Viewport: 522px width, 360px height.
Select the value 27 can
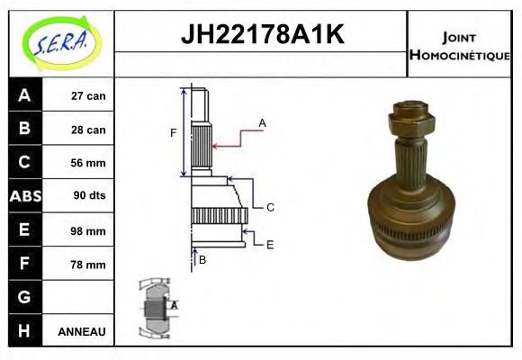(89, 95)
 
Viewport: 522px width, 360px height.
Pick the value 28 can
(89, 130)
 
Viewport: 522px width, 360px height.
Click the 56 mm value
(89, 163)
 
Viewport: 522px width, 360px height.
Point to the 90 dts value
(89, 196)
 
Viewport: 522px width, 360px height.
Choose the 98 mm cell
(89, 230)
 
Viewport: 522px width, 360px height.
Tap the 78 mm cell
(89, 264)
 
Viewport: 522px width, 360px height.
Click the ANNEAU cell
(82, 331)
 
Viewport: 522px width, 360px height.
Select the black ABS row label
(23, 196)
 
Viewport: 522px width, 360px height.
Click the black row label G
(23, 297)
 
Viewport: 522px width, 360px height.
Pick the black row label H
(23, 331)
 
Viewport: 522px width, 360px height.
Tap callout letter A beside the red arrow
(262, 122)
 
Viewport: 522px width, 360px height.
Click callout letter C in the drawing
(269, 207)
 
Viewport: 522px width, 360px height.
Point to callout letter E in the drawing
(269, 243)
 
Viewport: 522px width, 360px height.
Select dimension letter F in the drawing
(174, 133)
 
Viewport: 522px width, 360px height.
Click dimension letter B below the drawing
(202, 260)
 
